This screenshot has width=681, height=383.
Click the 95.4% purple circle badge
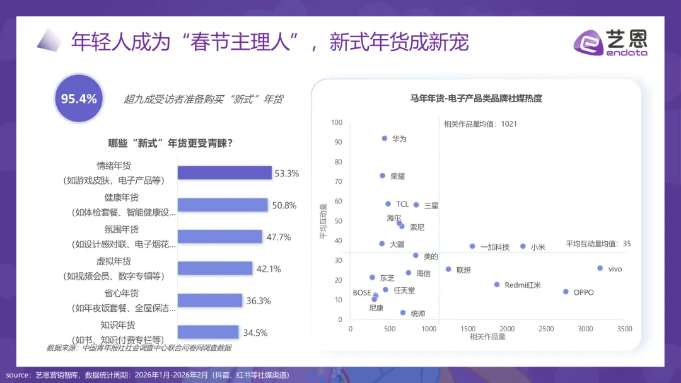79,98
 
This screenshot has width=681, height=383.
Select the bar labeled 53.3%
224,173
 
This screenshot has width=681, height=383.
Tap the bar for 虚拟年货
215,268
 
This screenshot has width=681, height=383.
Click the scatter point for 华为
385,138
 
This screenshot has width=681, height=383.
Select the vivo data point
600,268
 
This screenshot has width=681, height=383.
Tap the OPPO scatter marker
566,292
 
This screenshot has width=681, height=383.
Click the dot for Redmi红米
497,285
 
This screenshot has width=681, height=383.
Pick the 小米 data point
523,246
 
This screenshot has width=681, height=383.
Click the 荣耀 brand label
398,176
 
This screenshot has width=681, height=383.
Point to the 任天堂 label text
404,290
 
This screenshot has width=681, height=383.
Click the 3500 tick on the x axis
625,329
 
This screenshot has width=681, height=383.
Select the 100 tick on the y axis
336,122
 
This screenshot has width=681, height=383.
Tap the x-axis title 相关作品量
487,338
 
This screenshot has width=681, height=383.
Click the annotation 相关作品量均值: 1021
480,123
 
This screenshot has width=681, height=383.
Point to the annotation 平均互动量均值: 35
598,244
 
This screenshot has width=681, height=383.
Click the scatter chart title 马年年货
476,98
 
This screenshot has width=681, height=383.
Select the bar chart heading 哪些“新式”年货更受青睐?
171,144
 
